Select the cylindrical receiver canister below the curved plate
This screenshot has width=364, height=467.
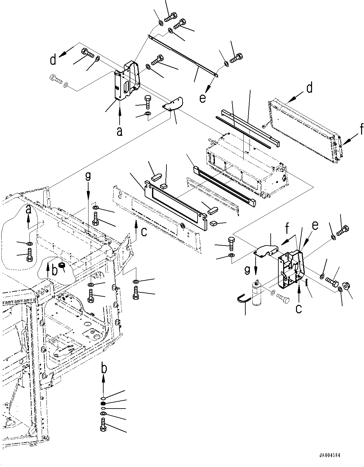click(257, 293)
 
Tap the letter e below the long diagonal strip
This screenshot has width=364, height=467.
click(202, 98)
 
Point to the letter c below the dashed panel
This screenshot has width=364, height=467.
click(144, 232)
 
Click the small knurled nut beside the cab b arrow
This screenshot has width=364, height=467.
click(63, 265)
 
